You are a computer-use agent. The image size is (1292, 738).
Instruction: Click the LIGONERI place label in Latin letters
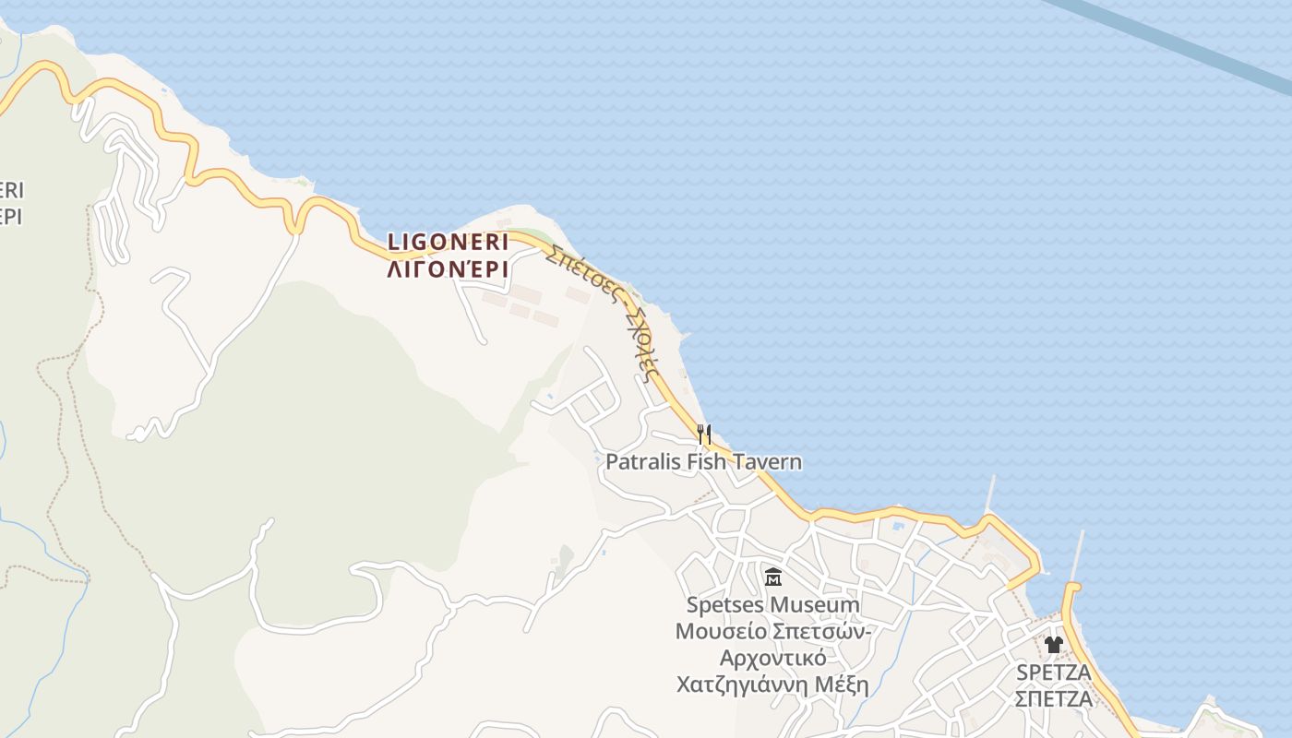point(448,242)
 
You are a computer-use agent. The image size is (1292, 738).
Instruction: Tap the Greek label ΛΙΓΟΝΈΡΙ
point(448,268)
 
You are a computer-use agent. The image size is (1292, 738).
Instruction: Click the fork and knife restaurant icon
point(704,433)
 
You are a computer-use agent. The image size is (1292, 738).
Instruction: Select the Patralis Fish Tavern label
point(703,461)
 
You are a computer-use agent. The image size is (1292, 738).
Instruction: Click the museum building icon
point(773,577)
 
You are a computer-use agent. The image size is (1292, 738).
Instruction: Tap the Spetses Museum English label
point(772,605)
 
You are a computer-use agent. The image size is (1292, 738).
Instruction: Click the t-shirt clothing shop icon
point(1054,644)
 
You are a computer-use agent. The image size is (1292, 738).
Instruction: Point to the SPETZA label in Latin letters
point(1053,672)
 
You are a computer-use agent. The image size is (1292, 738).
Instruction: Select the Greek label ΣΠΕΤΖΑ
point(1053,698)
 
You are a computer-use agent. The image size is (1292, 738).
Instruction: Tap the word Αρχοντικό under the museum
point(772,659)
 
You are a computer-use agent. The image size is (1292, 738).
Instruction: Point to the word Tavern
point(765,461)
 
